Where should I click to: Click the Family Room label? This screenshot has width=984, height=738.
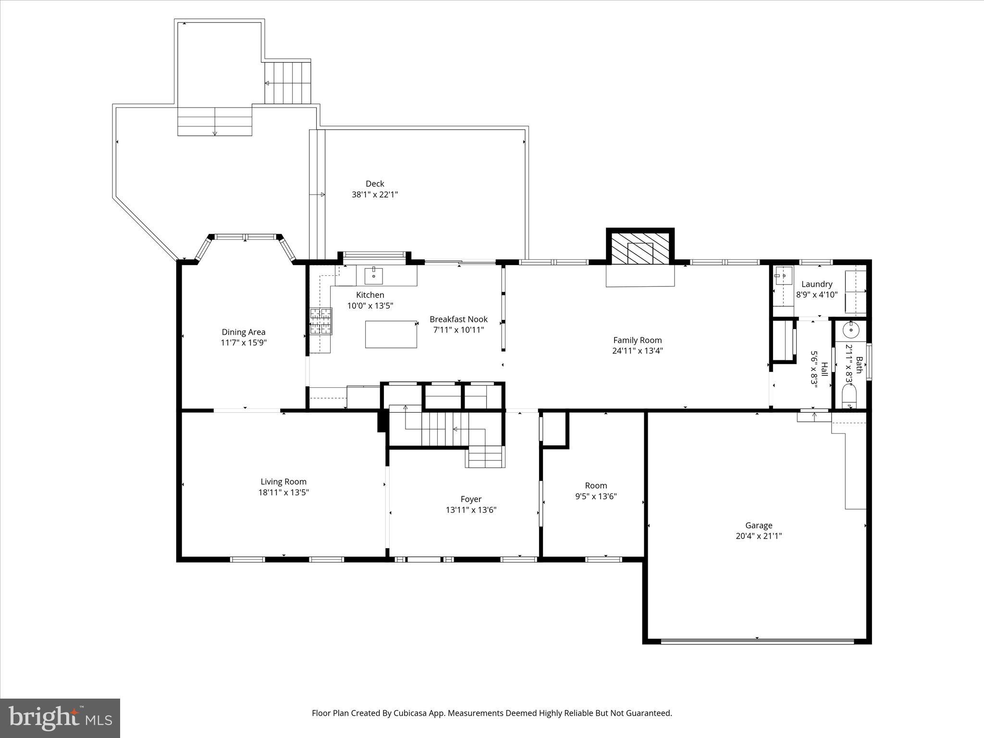click(x=637, y=340)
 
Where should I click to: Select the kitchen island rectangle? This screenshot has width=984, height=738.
click(x=391, y=334)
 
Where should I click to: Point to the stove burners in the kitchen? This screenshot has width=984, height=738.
click(x=320, y=321)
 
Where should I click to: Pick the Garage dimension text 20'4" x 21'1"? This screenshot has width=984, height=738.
click(x=759, y=536)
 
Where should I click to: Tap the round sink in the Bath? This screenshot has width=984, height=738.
click(x=851, y=330)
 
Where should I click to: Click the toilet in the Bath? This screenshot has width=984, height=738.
click(x=849, y=398)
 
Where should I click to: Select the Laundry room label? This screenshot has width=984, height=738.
click(x=816, y=284)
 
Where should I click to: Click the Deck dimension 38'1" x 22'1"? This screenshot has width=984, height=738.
click(x=375, y=195)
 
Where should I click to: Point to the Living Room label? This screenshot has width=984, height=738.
click(x=283, y=481)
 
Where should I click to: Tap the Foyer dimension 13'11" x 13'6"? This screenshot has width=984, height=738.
click(x=471, y=510)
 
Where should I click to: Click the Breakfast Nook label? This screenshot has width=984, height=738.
click(x=458, y=319)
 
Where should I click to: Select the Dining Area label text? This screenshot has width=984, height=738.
click(x=243, y=332)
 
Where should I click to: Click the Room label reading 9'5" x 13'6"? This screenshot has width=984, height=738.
click(x=596, y=496)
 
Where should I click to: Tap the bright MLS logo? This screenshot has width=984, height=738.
click(x=60, y=718)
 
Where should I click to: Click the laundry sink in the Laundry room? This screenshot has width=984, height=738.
click(x=783, y=276)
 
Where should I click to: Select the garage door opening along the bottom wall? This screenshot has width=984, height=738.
click(x=757, y=640)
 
